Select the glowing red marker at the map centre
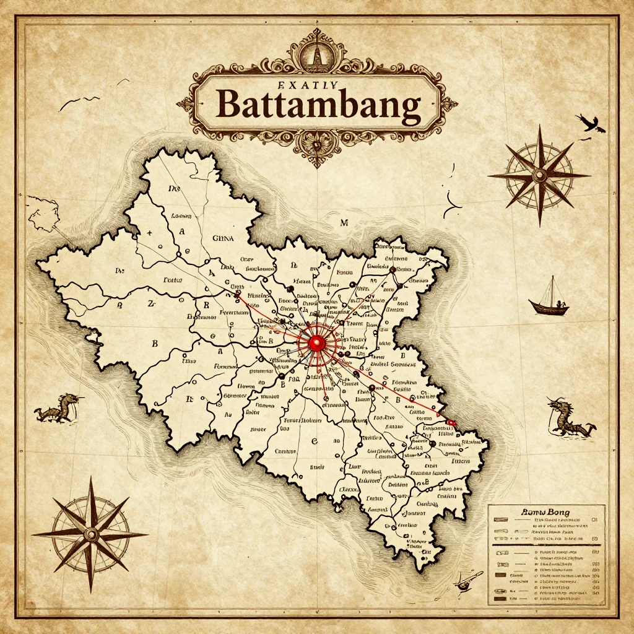click(x=316, y=342)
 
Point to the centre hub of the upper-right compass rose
click(x=539, y=175)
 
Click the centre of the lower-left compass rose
click(x=91, y=534)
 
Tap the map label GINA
click(x=224, y=237)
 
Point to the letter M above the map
click(x=345, y=222)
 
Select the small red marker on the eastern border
click(x=451, y=422)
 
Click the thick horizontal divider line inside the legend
click(x=545, y=545)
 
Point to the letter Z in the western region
click(x=150, y=304)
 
